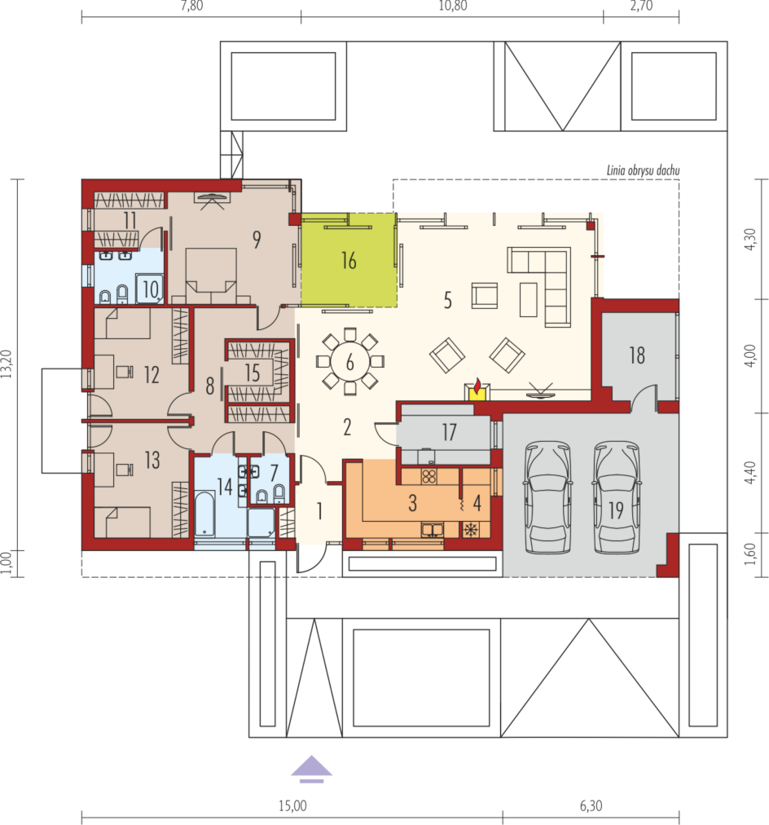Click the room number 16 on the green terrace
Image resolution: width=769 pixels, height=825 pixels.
349,260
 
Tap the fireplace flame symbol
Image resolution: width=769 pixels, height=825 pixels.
477,386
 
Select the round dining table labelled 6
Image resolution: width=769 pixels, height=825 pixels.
350,362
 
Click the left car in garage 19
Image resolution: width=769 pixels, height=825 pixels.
548,497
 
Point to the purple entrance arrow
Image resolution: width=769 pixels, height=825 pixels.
312,769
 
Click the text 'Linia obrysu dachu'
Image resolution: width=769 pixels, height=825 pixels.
643,170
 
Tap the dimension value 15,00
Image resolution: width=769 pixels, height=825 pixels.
292,805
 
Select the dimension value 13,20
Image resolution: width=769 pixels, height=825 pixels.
7,364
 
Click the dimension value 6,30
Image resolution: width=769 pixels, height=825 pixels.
591,805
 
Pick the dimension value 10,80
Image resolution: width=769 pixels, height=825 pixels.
453,6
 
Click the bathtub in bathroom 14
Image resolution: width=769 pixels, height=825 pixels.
204,514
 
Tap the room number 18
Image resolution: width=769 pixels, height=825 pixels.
637,355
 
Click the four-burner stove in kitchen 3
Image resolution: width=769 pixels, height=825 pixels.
429,476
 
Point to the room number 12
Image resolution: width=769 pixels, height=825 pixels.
152,375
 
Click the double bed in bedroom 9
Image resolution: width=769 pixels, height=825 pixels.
211,276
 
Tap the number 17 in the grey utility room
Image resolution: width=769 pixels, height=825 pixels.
449,432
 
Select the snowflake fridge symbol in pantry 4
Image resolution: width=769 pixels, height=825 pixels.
470,529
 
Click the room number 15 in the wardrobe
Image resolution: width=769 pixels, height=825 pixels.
253,373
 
